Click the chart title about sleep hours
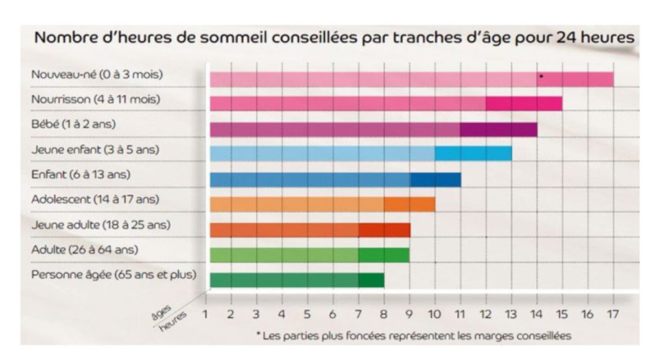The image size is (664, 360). [x=333, y=37]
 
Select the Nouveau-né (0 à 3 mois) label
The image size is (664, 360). [x=97, y=75]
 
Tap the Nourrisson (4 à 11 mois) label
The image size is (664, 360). [x=95, y=100]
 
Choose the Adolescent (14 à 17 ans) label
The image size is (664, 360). [x=95, y=199]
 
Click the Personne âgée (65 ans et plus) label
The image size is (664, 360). [x=113, y=274]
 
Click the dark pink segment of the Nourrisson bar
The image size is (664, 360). [x=523, y=104]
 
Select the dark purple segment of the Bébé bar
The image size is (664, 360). [x=498, y=129]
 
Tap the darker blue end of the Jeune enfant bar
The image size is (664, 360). [x=473, y=154]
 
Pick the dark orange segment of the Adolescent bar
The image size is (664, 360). [x=409, y=204]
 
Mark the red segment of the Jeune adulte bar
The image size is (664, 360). [x=384, y=230]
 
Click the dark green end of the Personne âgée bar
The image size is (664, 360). [x=371, y=280]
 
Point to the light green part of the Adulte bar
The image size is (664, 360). [x=284, y=254]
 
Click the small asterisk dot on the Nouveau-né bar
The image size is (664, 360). [x=541, y=77]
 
